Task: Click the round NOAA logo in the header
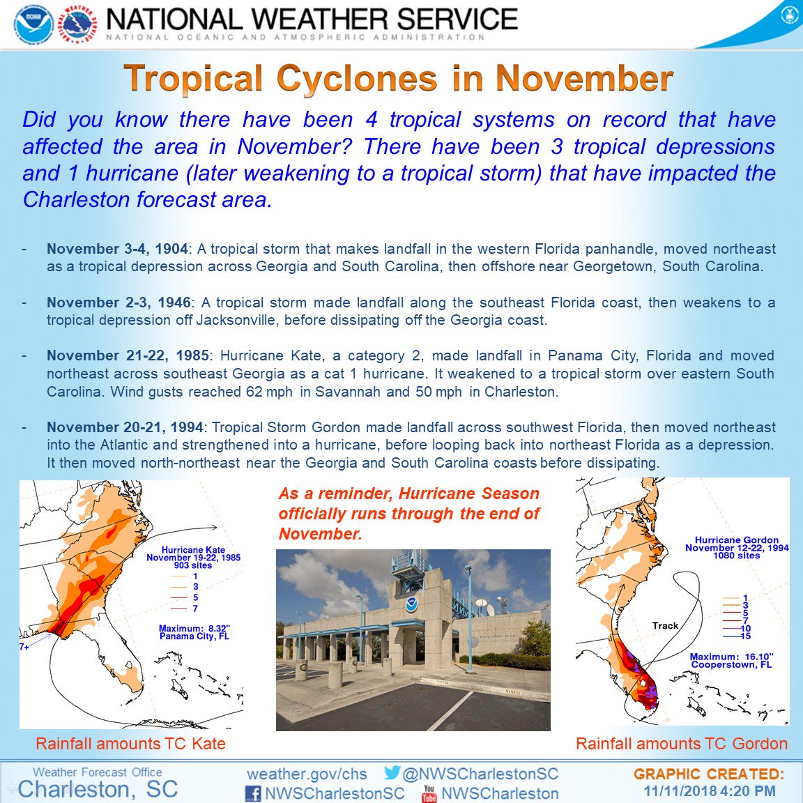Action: [33, 23]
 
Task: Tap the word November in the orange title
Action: [584, 78]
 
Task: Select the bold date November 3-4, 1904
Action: [117, 249]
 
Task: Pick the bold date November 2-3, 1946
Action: [118, 302]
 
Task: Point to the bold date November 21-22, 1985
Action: [128, 355]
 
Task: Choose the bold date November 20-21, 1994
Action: [125, 427]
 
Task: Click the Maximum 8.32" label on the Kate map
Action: [194, 628]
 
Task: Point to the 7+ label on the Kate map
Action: [24, 647]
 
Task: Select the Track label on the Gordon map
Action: [665, 625]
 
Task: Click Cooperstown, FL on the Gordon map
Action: [731, 665]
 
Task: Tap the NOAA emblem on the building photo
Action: [411, 605]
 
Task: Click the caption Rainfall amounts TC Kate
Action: [130, 744]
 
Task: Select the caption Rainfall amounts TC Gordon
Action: [682, 744]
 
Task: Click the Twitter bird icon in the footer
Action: [392, 772]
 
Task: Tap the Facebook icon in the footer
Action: [253, 793]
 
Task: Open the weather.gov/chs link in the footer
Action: [307, 774]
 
